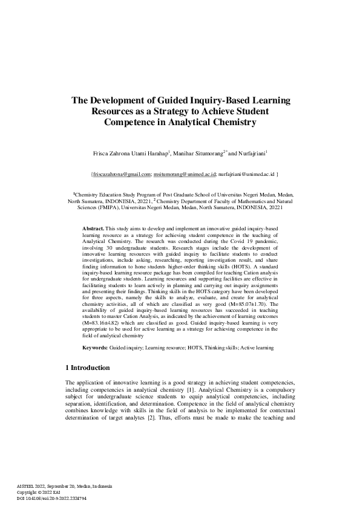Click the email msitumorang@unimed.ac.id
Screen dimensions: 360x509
click(x=185, y=174)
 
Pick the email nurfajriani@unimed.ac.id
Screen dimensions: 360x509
click(x=246, y=174)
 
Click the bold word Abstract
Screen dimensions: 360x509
click(x=94, y=227)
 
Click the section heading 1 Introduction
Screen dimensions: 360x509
click(x=87, y=368)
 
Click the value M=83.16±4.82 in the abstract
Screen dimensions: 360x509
click(x=102, y=322)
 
